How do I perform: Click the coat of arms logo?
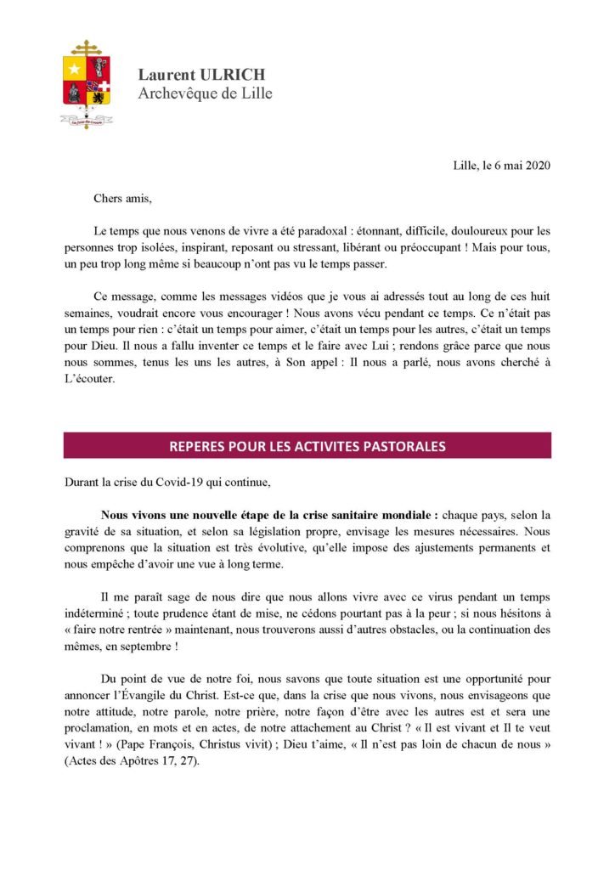86,81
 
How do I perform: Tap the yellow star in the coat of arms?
75,68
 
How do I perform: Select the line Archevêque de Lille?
205,93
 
